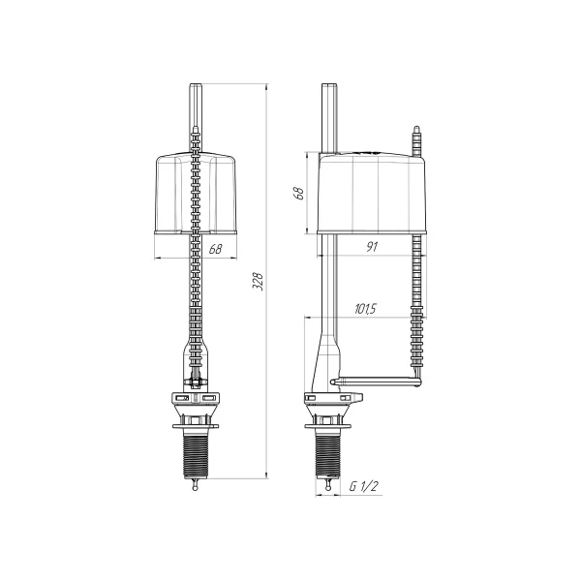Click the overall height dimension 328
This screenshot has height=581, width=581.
259,281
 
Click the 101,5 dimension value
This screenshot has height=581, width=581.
365,310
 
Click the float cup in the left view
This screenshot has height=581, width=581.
199,194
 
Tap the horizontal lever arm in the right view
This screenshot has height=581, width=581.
378,380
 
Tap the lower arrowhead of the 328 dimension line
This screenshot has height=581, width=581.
266,475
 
